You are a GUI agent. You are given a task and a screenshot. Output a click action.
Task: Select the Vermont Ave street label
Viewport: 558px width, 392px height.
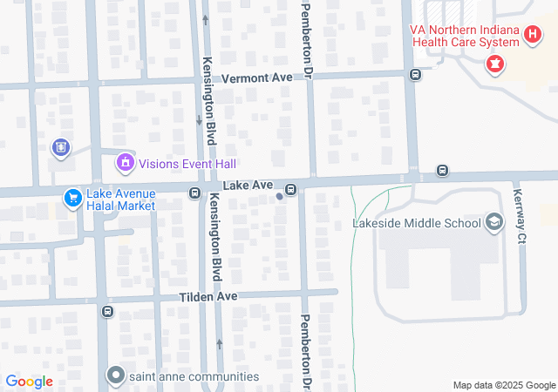[256, 78]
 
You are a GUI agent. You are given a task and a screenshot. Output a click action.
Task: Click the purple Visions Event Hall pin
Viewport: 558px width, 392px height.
[126, 162]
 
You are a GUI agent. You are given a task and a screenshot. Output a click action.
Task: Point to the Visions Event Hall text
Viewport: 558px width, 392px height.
[187, 164]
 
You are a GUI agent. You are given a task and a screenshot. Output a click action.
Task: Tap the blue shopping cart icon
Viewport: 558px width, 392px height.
[73, 199]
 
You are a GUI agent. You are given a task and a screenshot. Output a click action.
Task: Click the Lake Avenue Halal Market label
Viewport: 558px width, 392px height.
[120, 199]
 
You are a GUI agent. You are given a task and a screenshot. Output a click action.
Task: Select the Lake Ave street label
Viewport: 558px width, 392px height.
[248, 186]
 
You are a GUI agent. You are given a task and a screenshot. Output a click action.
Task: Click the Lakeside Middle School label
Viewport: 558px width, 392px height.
[416, 223]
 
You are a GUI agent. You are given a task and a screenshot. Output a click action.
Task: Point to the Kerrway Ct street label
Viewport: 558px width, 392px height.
[520, 217]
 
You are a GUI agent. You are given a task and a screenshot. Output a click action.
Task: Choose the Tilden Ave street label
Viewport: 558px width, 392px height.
[208, 297]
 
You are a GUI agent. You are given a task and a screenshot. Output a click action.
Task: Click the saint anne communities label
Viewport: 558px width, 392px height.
[194, 376]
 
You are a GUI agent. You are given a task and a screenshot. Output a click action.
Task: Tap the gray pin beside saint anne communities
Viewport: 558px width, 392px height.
[115, 376]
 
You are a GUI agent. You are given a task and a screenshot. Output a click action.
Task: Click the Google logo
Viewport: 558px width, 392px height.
[29, 382]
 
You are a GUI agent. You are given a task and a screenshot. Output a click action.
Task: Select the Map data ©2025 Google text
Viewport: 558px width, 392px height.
[503, 385]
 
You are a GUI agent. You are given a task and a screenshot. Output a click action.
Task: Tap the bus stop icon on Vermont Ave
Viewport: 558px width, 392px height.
[414, 74]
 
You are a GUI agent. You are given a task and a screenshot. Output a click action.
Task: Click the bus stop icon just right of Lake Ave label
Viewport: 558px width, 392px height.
[290, 188]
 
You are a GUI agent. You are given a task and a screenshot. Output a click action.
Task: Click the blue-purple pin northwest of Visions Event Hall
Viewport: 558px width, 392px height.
[60, 147]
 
